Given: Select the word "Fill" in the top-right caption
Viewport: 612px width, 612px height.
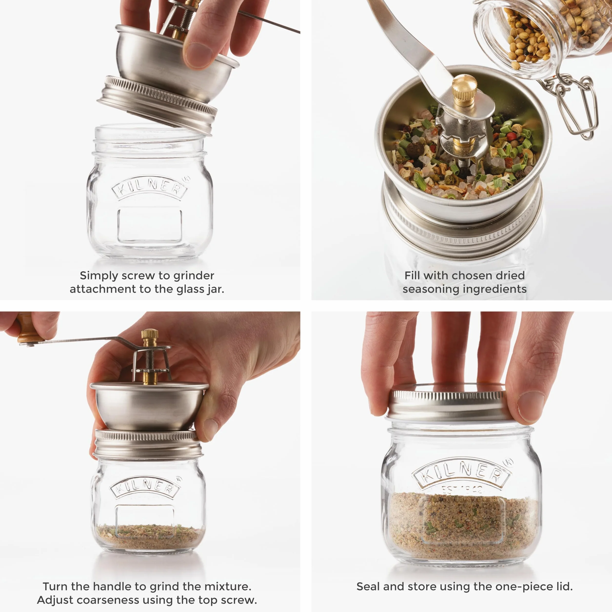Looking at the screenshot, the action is point(412,275).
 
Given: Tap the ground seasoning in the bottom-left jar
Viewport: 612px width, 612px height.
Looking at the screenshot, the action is point(149,537).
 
